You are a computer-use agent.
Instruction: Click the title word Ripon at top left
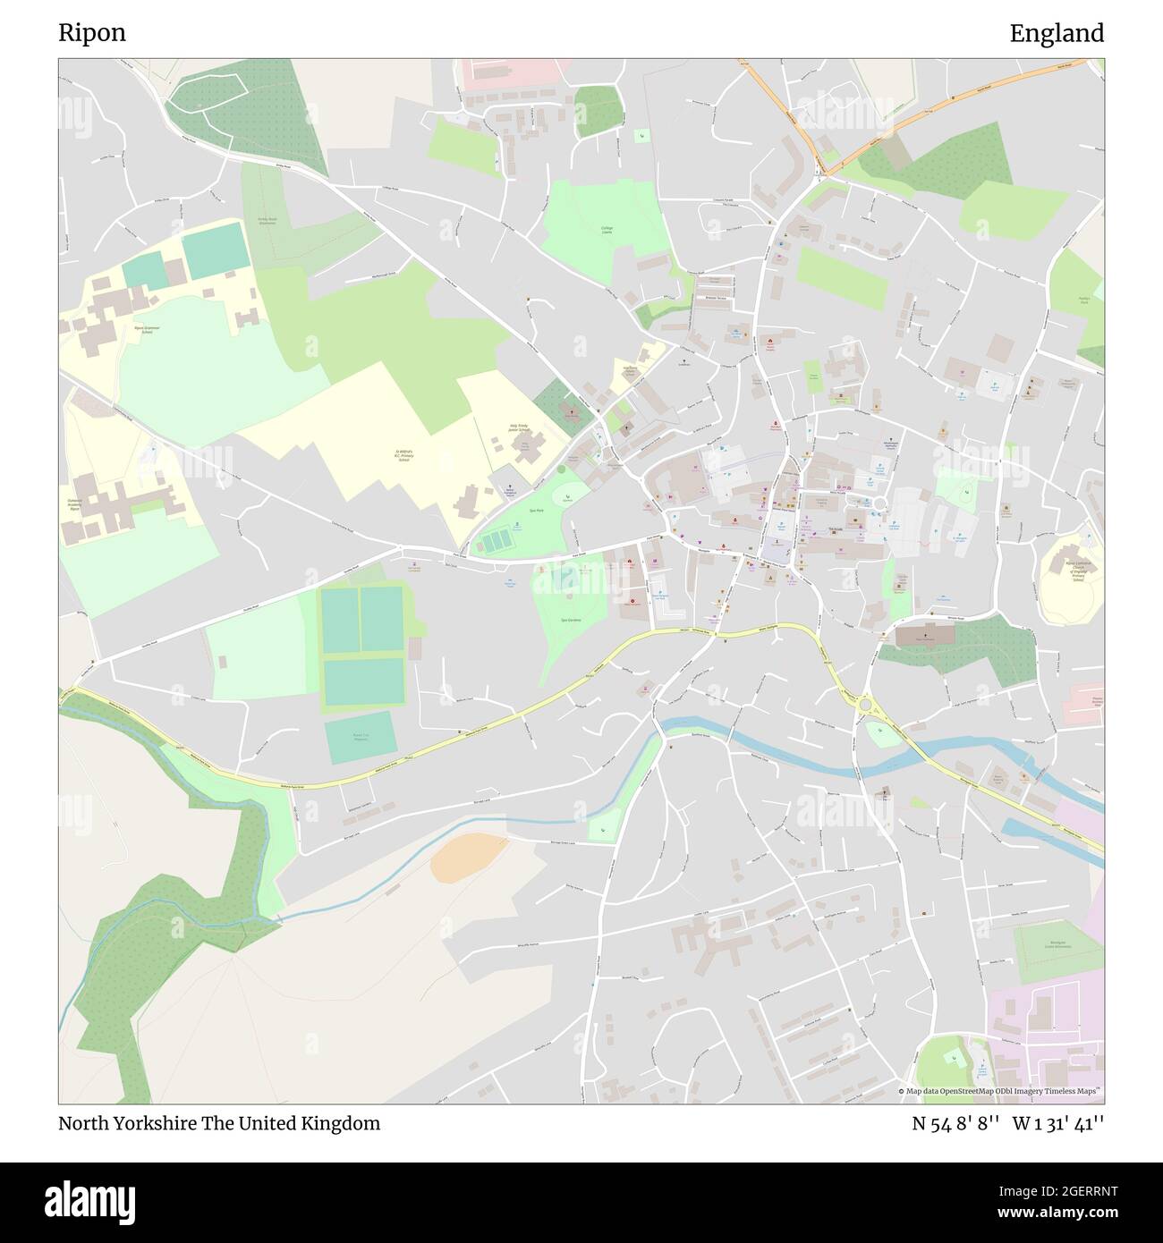click(x=92, y=33)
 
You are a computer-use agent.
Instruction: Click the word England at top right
click(x=1057, y=33)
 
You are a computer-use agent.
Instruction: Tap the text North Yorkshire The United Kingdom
click(x=219, y=1123)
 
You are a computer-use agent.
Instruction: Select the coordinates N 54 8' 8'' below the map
click(x=955, y=1123)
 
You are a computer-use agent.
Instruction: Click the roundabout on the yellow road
click(x=867, y=706)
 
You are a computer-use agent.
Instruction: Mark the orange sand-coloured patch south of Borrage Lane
click(x=468, y=857)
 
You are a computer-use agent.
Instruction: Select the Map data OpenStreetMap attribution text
click(x=1000, y=1092)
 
